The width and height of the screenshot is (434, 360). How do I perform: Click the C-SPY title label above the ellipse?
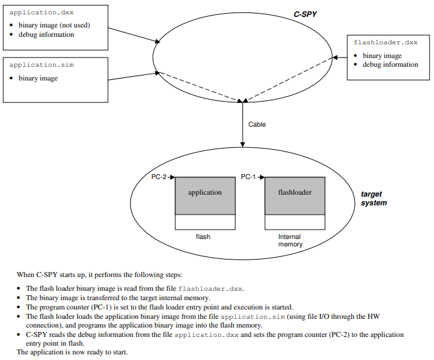[x=305, y=13]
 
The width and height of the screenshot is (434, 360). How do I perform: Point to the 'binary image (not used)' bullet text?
[x=54, y=25]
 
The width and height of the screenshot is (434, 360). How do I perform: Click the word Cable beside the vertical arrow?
[x=257, y=125]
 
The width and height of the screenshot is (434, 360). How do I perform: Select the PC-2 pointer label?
[x=160, y=177]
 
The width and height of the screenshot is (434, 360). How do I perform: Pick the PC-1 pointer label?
[x=249, y=177]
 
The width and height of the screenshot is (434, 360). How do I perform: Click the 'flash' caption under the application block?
[x=203, y=237]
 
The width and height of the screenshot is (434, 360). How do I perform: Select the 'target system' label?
[x=374, y=198]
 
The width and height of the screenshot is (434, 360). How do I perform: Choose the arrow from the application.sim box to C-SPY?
[x=133, y=74]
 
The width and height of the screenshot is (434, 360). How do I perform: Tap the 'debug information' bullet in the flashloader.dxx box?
[x=390, y=64]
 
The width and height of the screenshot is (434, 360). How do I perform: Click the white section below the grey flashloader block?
[x=294, y=221]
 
